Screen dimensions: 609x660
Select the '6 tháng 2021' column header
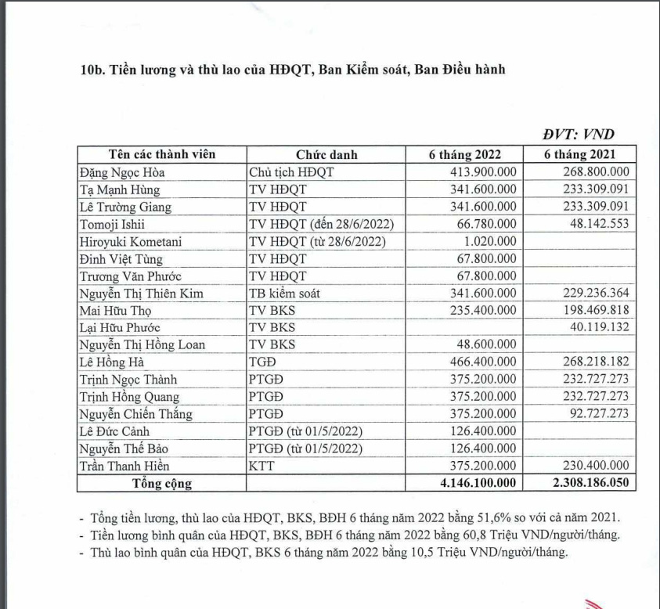pos(580,154)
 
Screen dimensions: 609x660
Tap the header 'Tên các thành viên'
pos(161,154)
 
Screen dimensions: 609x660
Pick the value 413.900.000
pos(484,172)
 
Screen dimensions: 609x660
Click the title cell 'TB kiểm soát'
pos(285,293)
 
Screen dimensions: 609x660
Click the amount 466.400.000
pos(484,362)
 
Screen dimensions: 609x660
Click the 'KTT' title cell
pos(261,466)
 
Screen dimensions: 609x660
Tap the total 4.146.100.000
pos(479,483)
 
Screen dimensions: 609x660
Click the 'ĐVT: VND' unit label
pos(579,135)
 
